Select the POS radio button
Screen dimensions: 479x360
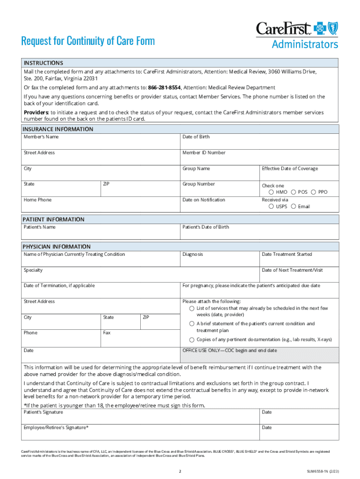[293, 192]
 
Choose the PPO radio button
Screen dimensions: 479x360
[314, 192]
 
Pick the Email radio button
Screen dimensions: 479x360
[293, 206]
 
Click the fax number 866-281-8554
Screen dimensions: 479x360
[165, 87]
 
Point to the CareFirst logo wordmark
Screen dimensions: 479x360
[283, 29]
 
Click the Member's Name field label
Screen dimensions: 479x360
[42, 137]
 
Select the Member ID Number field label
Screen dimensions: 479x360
[204, 153]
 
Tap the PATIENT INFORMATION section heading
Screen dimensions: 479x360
[53, 219]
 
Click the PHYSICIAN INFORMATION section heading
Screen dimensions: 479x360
[57, 247]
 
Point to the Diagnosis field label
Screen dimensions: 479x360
[193, 254]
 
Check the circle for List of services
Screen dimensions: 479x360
[192, 309]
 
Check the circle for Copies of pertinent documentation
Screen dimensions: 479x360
[192, 340]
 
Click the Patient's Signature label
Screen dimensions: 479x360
[43, 412]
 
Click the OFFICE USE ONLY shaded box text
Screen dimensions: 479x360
[230, 350]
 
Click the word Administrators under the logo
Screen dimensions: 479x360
[305, 44]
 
